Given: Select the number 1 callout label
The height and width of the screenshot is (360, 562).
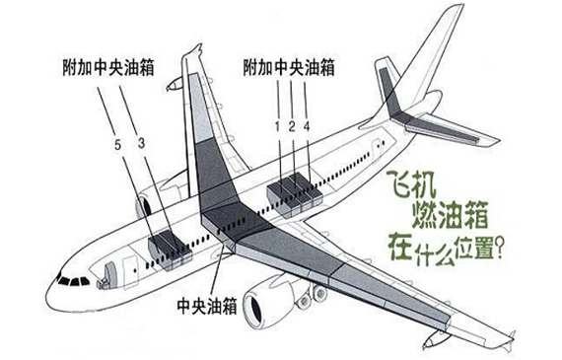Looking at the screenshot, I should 277,125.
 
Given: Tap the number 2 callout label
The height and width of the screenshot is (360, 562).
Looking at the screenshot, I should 292,125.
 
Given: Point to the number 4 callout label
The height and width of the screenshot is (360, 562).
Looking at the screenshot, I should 308,125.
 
